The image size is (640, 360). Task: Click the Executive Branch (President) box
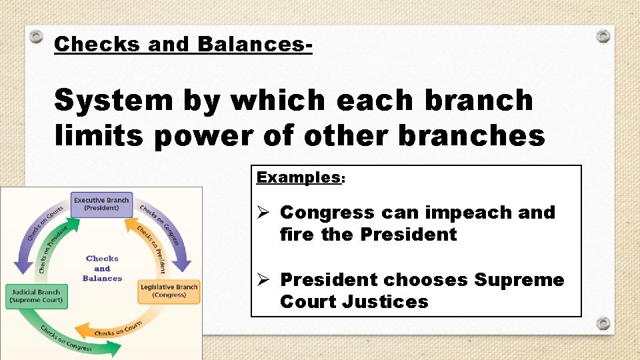click(101, 203)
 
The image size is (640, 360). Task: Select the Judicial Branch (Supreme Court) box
click(36, 295)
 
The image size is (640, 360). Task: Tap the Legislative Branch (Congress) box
click(169, 291)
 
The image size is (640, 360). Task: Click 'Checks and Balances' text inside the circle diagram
click(102, 268)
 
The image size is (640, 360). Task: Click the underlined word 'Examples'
click(298, 177)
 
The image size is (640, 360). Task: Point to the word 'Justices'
click(385, 302)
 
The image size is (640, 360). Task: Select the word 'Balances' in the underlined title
click(254, 45)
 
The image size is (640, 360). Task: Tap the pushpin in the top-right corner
click(603, 35)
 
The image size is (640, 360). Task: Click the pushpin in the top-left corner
click(37, 37)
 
